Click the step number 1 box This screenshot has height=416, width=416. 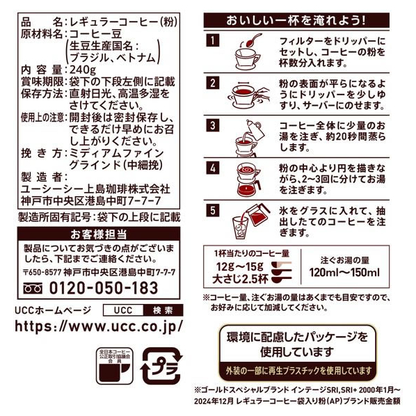(213, 40)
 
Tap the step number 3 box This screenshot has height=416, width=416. (213, 125)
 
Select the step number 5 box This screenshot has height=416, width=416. (213, 210)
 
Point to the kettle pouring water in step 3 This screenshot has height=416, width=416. (255, 130)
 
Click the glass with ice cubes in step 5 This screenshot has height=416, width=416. (240, 227)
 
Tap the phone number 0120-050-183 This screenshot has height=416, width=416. (104, 288)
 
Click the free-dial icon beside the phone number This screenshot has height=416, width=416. (33, 289)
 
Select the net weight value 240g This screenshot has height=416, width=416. (83, 70)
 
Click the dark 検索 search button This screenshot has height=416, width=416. (163, 310)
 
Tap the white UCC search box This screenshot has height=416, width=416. (123, 310)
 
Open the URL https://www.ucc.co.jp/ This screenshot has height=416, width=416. (99, 326)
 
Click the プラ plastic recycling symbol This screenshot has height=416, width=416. (161, 366)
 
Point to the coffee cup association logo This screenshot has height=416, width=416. (115, 366)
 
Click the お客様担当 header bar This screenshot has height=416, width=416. (99, 234)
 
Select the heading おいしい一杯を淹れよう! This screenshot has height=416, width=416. (296, 20)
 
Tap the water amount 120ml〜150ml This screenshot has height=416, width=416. (344, 273)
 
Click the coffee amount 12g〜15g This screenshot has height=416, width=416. (240, 266)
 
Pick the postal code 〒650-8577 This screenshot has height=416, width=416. (42, 272)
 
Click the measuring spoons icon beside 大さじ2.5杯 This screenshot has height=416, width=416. (281, 271)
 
